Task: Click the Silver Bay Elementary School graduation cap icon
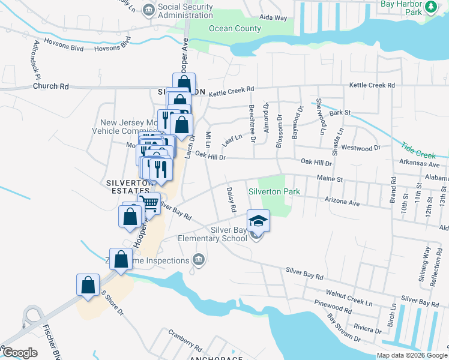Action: pos(258,221)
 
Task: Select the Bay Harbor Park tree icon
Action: pos(431,7)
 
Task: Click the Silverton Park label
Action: pos(274,191)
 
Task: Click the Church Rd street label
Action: pos(51,86)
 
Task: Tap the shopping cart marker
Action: pos(149,203)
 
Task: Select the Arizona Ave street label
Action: pos(341,202)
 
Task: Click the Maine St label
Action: pos(330,179)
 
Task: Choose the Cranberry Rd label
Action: pos(185,340)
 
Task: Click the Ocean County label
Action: pos(235,29)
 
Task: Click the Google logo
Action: pos(20,352)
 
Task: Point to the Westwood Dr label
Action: pos(361,148)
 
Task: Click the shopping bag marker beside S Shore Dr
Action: pos(88,285)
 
